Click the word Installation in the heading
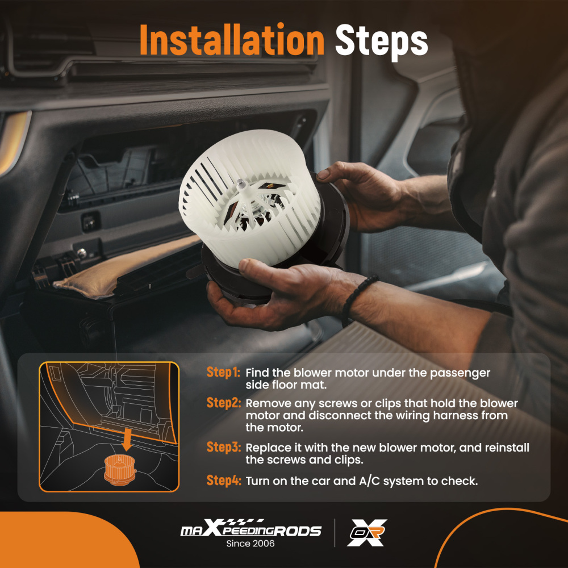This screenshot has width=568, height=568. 232,40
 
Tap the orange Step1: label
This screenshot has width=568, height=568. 223,373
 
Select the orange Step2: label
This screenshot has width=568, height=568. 223,403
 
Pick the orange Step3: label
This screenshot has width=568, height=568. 223,447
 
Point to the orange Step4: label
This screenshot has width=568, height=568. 223,481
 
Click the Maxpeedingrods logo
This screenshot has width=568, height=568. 250,528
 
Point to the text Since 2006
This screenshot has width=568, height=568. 250,544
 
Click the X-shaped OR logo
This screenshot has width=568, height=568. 366,532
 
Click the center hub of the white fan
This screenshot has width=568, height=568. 240,184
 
